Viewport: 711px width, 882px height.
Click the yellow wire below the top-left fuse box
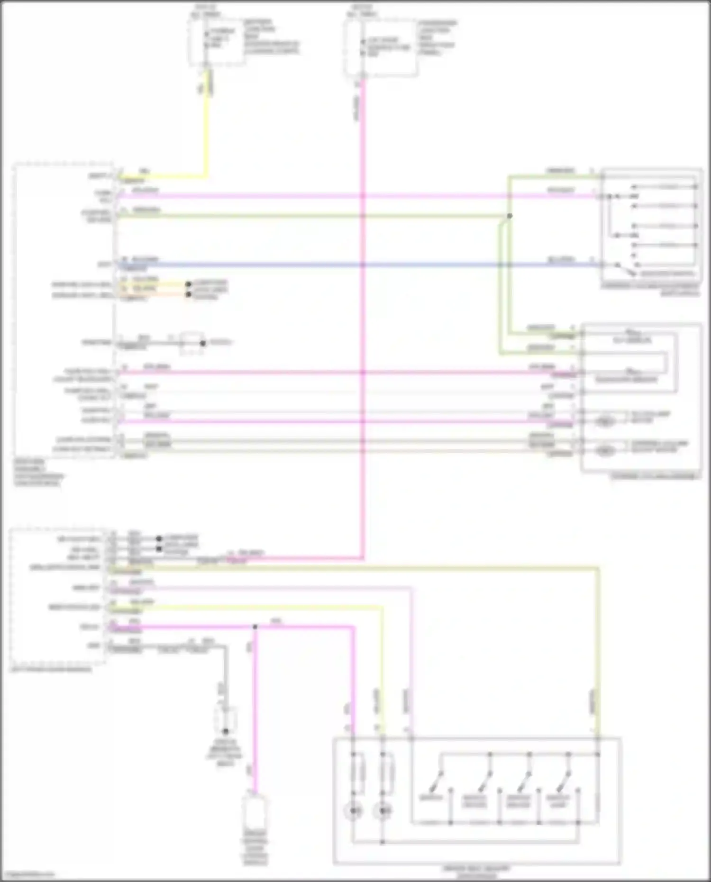pyautogui.click(x=206, y=128)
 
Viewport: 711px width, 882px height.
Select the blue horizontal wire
pyautogui.click(x=332, y=264)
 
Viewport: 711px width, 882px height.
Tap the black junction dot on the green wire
pyautogui.click(x=510, y=216)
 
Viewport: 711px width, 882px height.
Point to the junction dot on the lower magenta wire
pyautogui.click(x=255, y=627)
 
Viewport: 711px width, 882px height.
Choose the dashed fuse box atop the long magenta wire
pyautogui.click(x=381, y=47)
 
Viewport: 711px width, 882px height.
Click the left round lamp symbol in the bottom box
pyautogui.click(x=353, y=811)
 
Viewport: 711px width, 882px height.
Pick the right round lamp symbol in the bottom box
pyautogui.click(x=382, y=811)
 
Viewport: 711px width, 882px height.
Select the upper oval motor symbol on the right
pyautogui.click(x=605, y=421)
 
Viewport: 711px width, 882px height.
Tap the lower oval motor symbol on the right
pyautogui.click(x=605, y=450)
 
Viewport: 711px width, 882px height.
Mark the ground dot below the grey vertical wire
pyautogui.click(x=226, y=731)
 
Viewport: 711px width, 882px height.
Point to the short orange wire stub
pyautogui.click(x=156, y=294)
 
